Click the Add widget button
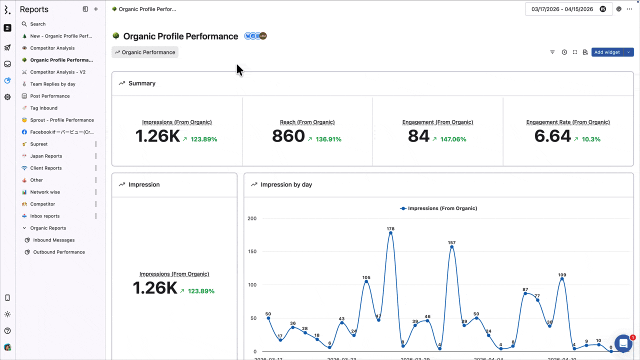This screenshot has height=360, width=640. pyautogui.click(x=606, y=52)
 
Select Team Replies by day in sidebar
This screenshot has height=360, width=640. pyautogui.click(x=52, y=84)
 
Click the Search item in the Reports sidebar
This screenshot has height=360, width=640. pyautogui.click(x=37, y=24)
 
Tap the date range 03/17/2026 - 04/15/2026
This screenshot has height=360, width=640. pyautogui.click(x=562, y=9)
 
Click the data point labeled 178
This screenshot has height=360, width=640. pyautogui.click(x=390, y=233)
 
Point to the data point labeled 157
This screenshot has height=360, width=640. pyautogui.click(x=452, y=247)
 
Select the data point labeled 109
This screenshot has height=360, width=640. pyautogui.click(x=562, y=279)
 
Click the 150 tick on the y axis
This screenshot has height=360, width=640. pyautogui.click(x=252, y=251)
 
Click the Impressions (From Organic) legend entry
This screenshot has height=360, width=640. pyautogui.click(x=438, y=208)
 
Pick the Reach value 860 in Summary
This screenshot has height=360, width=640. pyautogui.click(x=288, y=136)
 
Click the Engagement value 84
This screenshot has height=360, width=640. pyautogui.click(x=418, y=136)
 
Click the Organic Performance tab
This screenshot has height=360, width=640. pyautogui.click(x=145, y=52)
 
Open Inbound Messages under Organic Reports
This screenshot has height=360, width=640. pyautogui.click(x=53, y=240)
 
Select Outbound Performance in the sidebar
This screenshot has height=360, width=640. pyautogui.click(x=59, y=252)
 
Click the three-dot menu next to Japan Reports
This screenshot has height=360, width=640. pyautogui.click(x=96, y=156)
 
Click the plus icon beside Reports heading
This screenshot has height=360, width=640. pyautogui.click(x=96, y=9)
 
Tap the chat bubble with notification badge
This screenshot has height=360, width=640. pyautogui.click(x=623, y=343)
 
